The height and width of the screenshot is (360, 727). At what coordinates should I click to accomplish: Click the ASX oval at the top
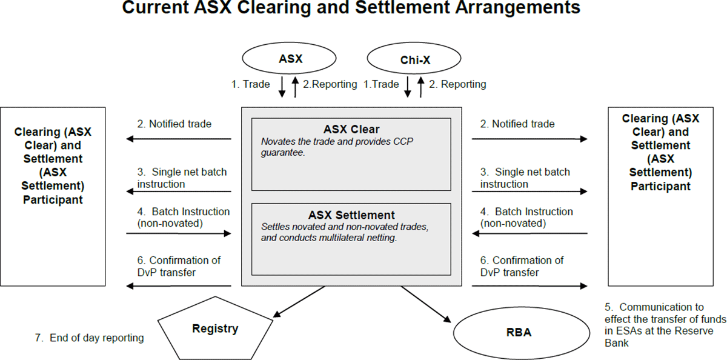pos(290,59)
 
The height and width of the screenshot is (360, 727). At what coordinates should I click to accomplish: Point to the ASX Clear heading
pos(352,129)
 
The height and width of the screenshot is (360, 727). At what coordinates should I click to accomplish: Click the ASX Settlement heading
pos(351,215)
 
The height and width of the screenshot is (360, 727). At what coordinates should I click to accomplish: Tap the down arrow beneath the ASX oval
pos(282,87)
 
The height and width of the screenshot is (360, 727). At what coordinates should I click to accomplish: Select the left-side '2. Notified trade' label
pos(174,124)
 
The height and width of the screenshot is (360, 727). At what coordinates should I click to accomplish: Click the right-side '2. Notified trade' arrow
pos(529,139)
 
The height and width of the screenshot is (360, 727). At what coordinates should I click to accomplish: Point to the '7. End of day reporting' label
pos(89,338)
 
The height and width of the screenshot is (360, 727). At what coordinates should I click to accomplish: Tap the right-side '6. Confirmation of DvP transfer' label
pos(522,266)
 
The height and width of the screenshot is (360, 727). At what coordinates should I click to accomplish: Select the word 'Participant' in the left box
pos(53,199)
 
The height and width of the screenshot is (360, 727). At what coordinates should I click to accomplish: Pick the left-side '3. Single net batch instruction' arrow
pos(179,192)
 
